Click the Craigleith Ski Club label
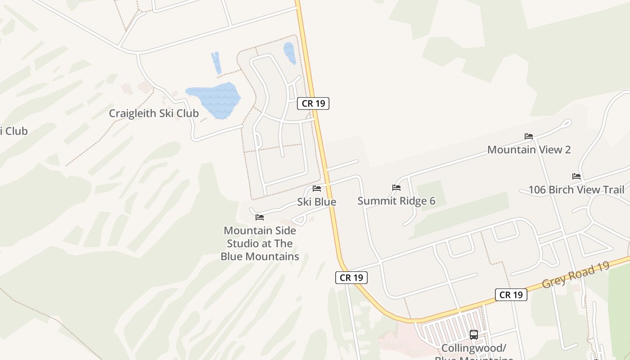click(153, 113)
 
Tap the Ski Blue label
click(316, 202)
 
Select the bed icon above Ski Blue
click(316, 188)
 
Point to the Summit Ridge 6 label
click(396, 201)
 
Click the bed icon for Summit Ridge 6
click(396, 187)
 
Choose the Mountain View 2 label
click(529, 149)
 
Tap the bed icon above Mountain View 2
click(529, 136)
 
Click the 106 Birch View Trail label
click(576, 190)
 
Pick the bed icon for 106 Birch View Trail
click(576, 176)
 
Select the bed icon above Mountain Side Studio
click(260, 217)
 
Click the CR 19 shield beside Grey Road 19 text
click(511, 295)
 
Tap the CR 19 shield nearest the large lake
click(313, 103)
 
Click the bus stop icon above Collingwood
click(473, 334)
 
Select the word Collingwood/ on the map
click(474, 348)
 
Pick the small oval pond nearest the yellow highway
click(289, 53)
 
